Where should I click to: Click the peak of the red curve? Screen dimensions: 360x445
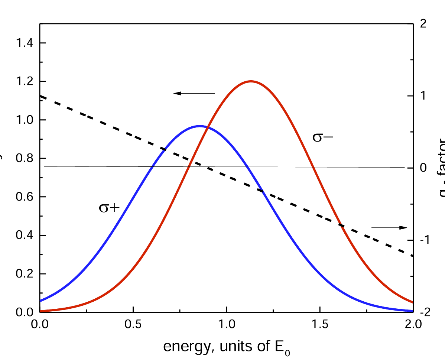click(x=251, y=81)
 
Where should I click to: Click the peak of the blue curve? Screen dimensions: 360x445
click(x=200, y=126)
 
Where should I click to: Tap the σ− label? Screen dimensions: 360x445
click(x=322, y=138)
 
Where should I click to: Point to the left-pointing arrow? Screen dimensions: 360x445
click(x=194, y=93)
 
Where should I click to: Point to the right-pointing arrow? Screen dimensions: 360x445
click(x=389, y=227)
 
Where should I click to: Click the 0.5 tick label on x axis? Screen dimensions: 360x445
click(x=133, y=324)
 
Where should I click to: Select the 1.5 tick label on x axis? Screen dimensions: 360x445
click(x=319, y=324)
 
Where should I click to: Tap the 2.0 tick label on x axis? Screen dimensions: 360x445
click(x=412, y=324)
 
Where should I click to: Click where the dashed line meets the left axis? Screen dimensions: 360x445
click(x=40, y=96)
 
